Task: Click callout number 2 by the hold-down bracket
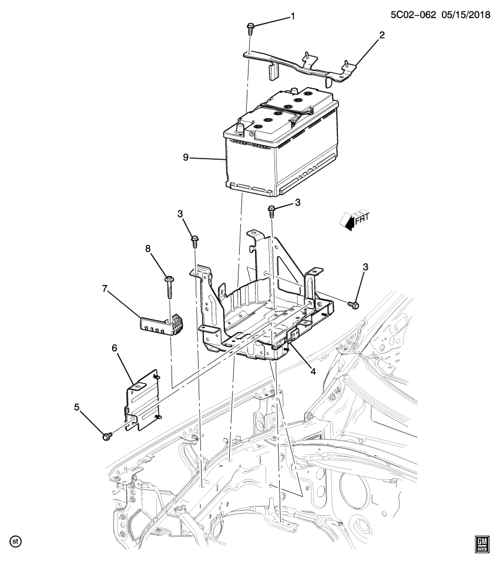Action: pos(381,35)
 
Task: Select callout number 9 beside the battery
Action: pos(186,157)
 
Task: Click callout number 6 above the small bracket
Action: pos(115,348)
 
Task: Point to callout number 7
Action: pos(106,288)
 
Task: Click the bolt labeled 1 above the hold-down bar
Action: pos(250,28)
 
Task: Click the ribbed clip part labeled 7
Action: pos(160,324)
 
